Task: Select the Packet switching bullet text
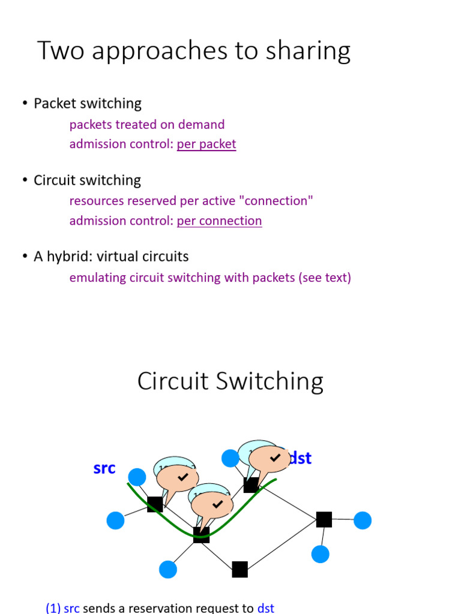pos(88,103)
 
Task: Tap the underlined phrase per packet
pos(206,144)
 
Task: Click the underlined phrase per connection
pos(219,221)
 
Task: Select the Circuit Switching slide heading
pos(230,381)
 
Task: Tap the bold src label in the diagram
pos(104,468)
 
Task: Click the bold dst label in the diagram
pos(300,459)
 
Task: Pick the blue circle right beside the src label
pos(137,477)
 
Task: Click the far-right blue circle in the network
pos(363,520)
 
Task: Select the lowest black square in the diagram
pos(240,569)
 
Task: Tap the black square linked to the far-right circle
pos(324,519)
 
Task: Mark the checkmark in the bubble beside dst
pos(275,458)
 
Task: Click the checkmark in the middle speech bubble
pos(217,504)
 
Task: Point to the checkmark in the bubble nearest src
pos(183,477)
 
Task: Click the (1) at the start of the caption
pos(53,608)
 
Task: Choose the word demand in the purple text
pos(205,125)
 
